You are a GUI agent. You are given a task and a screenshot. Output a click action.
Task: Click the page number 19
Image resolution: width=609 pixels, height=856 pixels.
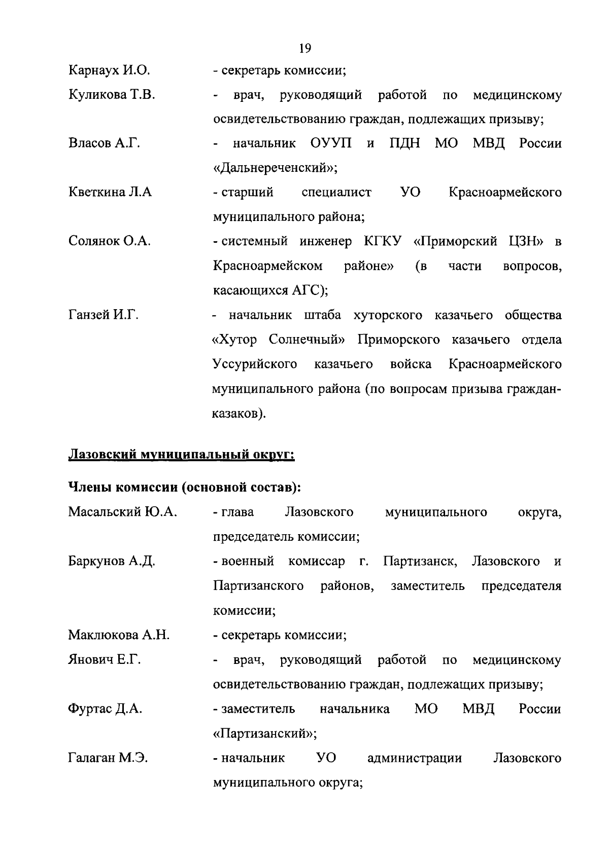[305, 48]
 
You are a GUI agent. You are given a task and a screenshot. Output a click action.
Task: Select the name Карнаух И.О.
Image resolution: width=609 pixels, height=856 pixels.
[109, 70]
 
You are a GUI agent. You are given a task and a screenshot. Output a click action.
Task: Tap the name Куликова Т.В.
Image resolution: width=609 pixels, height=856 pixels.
[112, 95]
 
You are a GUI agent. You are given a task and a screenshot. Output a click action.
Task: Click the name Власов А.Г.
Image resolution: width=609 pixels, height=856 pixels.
[104, 143]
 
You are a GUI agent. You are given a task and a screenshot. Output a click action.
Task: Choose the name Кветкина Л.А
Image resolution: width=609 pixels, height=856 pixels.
[110, 193]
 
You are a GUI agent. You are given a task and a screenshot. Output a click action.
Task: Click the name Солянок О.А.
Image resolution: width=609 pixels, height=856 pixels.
[110, 241]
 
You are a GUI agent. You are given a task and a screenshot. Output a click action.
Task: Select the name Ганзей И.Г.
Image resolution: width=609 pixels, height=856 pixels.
[104, 315]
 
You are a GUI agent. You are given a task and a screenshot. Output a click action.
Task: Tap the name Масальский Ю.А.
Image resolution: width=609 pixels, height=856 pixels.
[122, 512]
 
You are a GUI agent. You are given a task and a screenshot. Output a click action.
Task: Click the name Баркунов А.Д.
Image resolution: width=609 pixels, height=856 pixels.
[112, 562]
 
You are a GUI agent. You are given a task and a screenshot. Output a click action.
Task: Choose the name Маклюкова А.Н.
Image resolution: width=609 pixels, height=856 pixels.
[119, 635]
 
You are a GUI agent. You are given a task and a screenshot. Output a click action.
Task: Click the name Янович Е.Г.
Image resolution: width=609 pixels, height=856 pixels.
[105, 660]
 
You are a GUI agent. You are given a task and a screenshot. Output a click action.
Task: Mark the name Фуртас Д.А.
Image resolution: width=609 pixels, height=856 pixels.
[105, 709]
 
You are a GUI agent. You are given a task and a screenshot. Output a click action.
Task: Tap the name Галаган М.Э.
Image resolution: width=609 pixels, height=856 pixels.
[108, 758]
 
